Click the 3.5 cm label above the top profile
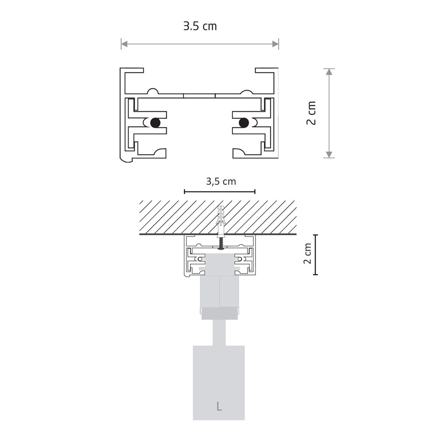[x=200, y=26]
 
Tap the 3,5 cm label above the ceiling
[x=221, y=182]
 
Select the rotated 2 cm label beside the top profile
[x=311, y=113]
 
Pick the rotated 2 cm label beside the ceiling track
[x=308, y=253]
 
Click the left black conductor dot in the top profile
[x=155, y=122]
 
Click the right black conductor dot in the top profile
[x=244, y=122]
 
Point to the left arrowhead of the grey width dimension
[x=124, y=44]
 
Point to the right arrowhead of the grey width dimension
[x=275, y=44]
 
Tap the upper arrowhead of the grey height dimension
[x=329, y=72]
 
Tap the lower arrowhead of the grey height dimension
[x=329, y=154]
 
